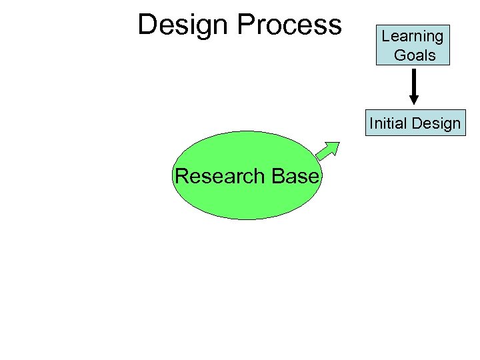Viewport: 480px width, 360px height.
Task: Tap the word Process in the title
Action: pos(289,25)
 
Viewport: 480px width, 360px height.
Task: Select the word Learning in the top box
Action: pos(413,37)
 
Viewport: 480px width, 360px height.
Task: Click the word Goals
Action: pos(415,55)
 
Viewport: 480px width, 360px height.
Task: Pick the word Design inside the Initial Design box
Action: pos(437,124)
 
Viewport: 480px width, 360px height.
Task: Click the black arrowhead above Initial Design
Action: pos(414,99)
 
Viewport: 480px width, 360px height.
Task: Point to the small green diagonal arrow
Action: pos(327,151)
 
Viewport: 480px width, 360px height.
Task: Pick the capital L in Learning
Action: pos(386,36)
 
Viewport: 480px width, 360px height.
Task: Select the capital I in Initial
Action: pos(371,123)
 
